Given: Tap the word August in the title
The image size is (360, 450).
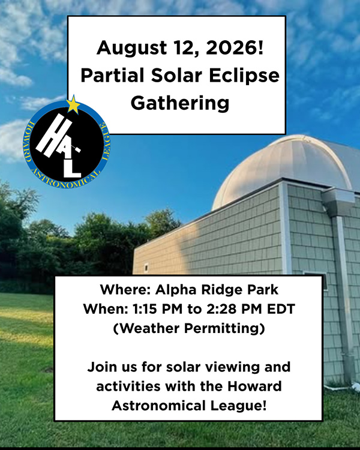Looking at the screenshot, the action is pos(131,48).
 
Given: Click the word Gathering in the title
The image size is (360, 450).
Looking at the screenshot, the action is pos(180,103).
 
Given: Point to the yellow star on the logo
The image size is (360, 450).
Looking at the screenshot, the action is pos(73,105).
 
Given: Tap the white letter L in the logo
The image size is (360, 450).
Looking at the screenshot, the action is pos(71,166).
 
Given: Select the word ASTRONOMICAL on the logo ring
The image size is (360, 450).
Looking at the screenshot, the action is pos(66,179).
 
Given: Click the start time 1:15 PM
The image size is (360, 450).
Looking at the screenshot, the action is pos(157,309).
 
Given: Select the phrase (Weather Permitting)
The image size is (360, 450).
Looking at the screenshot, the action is pos(189,328).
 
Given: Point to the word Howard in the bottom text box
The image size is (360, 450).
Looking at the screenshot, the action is pos(254,386).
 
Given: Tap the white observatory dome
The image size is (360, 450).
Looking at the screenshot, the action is pos(284,169).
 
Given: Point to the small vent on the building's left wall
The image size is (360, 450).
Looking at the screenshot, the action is pos(146,268).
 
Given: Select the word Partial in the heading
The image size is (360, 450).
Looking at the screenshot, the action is pos(112,76).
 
